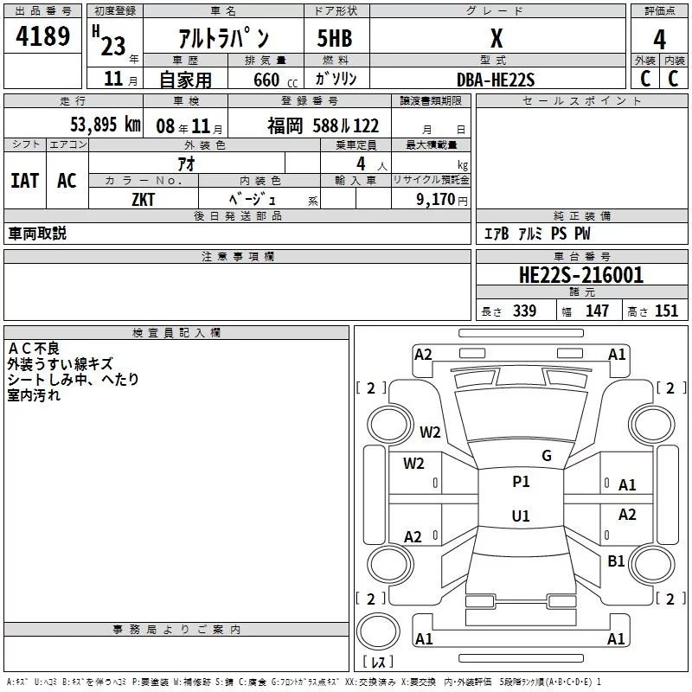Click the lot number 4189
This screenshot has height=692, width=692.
tap(42, 35)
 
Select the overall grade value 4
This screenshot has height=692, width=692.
tap(659, 39)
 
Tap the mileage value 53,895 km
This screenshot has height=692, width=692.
tap(106, 125)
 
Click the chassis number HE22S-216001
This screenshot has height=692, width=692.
tap(581, 274)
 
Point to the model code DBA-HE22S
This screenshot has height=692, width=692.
tap(496, 80)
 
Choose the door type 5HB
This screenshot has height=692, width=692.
tap(335, 38)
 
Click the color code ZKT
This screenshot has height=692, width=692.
tap(143, 200)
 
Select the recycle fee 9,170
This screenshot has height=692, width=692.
tap(435, 199)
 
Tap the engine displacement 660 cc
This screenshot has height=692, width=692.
tap(275, 80)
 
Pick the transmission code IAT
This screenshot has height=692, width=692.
tap(24, 181)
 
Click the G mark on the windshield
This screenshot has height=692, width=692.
tap(547, 456)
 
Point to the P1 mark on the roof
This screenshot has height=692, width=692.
tap(521, 482)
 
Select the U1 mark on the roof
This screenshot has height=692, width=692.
tap(521, 516)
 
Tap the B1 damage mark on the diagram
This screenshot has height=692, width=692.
tap(616, 561)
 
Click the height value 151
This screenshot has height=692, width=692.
tap(666, 311)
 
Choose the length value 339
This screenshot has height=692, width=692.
tap(524, 311)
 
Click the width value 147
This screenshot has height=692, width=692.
tap(597, 311)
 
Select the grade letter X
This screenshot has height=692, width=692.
tap(497, 38)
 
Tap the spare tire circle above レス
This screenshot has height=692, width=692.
tap(378, 631)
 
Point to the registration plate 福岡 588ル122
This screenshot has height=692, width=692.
tap(323, 125)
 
